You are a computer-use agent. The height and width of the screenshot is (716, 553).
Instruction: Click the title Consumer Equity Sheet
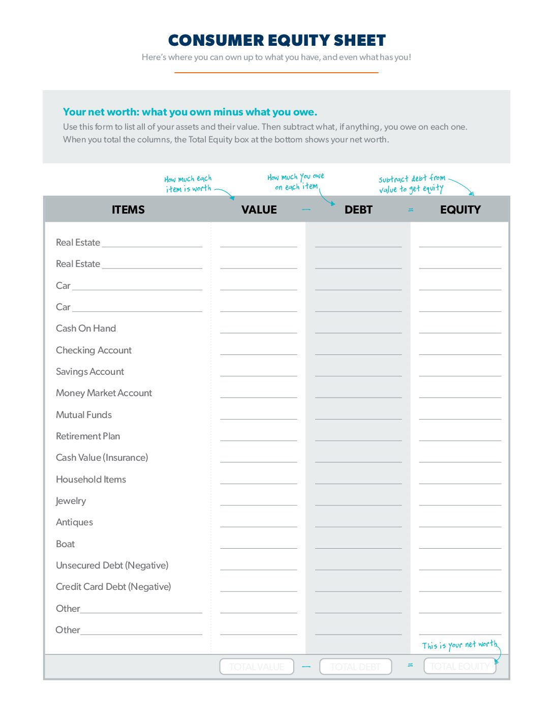tap(276, 40)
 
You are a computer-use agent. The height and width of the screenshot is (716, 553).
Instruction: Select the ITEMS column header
tap(128, 210)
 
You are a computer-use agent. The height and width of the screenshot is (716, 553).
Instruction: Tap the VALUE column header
tap(259, 210)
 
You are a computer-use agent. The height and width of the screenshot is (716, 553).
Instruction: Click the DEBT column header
tap(358, 210)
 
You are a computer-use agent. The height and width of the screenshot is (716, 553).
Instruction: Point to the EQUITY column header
tap(460, 210)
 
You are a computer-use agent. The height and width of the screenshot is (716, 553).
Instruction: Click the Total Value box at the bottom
tap(257, 667)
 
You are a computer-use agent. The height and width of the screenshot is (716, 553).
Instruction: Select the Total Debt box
tap(355, 667)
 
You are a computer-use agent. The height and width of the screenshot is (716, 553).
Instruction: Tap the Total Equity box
tap(459, 666)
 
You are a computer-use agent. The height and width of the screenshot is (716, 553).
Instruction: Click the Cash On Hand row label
tap(86, 329)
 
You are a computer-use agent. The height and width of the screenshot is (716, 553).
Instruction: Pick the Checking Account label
tap(94, 350)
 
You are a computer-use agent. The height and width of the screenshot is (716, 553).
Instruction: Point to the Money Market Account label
tap(104, 393)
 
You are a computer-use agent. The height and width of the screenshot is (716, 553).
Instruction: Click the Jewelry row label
tap(71, 501)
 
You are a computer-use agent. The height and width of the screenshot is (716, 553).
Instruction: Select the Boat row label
tap(65, 544)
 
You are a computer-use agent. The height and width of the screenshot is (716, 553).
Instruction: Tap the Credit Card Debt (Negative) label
tap(113, 587)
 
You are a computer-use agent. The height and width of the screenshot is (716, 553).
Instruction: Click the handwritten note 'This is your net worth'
tap(459, 645)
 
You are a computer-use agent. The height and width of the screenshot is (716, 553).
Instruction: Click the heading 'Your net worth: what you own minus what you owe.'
tap(190, 112)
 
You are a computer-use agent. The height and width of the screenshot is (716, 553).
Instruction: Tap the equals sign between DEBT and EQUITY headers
tap(411, 210)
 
